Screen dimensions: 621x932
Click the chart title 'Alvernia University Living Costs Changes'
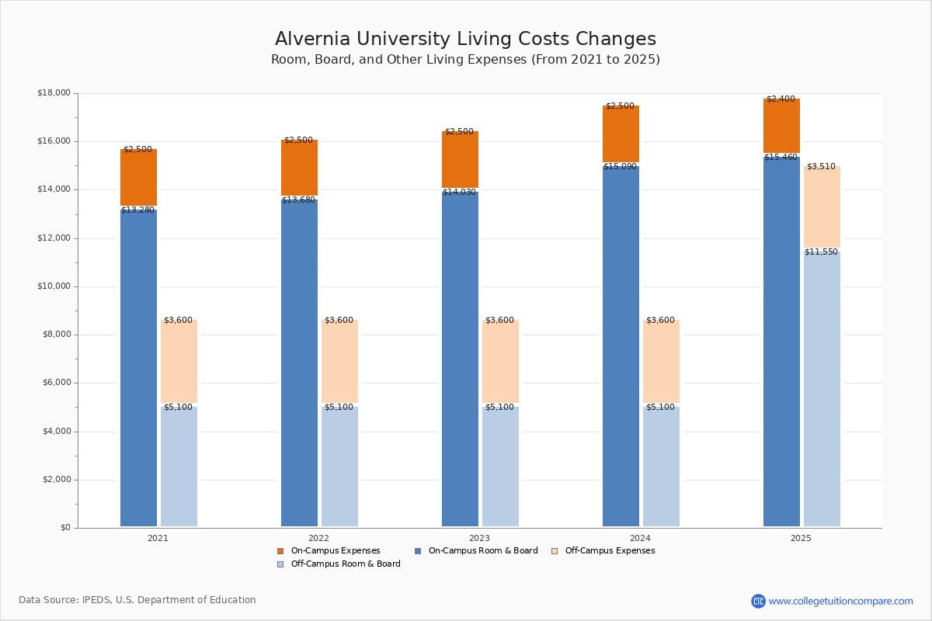point(465,40)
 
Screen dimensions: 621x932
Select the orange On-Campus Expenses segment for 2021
point(138,178)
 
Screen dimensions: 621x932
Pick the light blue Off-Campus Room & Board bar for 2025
point(822,388)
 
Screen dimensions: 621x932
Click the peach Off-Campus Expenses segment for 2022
point(339,361)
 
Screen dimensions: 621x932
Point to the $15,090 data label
point(620,167)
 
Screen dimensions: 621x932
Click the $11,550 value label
point(821,252)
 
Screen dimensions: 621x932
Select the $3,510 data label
point(821,167)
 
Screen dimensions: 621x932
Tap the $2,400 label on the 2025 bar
point(781,99)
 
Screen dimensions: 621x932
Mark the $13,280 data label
point(138,210)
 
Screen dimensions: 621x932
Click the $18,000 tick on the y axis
point(54,93)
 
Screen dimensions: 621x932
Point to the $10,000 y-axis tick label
point(54,286)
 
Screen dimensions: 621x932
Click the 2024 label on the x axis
point(640,538)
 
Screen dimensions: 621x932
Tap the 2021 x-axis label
point(158,538)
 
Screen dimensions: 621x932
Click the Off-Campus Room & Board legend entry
point(345,564)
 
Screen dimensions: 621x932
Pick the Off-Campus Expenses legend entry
point(609,551)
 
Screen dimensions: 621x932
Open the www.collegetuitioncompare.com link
point(840,601)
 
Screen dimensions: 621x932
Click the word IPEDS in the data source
point(96,600)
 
